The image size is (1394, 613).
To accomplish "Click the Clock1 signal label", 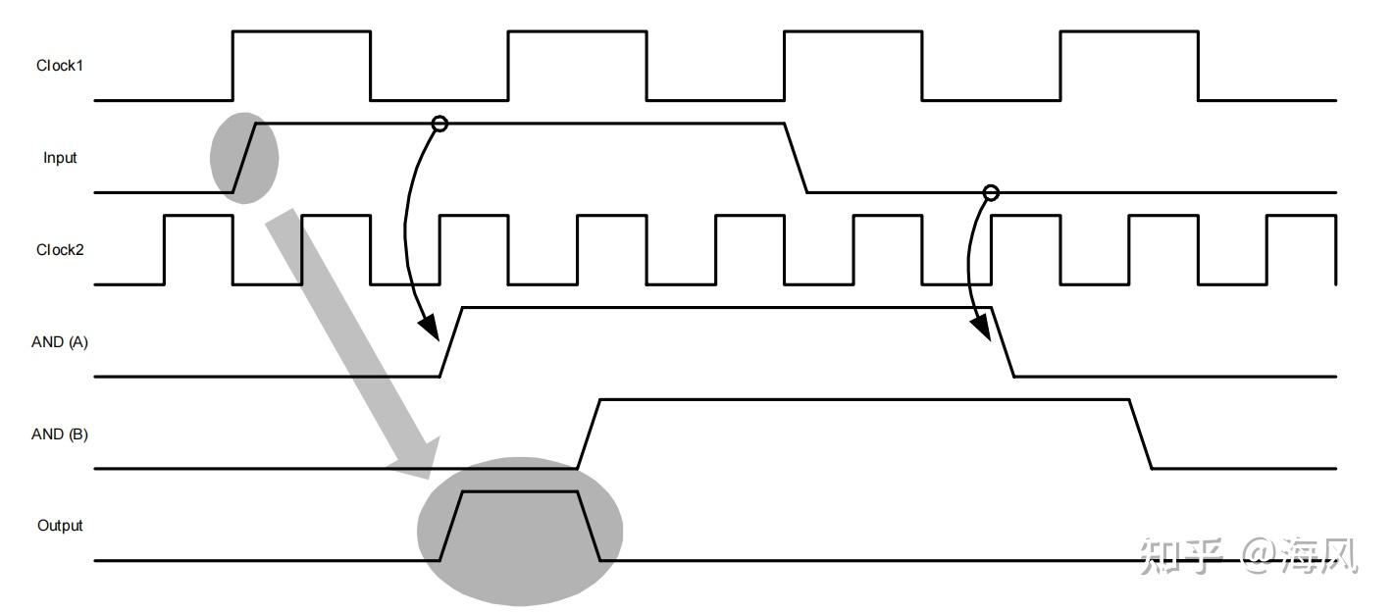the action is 60,66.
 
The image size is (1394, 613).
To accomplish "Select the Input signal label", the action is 60,158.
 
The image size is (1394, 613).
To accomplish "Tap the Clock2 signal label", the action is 60,249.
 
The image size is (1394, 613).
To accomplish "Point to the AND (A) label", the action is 60,341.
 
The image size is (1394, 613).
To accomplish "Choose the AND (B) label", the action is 60,434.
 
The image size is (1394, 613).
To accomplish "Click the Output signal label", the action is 60,526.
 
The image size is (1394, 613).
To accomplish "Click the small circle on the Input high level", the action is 439,124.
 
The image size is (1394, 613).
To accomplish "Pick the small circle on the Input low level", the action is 991,193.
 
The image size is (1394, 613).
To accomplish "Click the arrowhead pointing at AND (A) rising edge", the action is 430,328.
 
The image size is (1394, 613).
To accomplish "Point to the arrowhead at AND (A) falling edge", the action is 981,328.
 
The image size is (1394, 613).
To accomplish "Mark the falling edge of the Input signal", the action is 796,158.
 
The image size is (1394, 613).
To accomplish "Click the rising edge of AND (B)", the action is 589,434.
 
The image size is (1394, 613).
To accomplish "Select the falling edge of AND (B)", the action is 1140,434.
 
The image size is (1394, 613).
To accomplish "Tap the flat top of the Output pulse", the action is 520,492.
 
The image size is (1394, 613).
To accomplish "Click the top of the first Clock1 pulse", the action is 301,31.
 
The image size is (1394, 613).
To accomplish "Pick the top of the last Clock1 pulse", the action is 1129,31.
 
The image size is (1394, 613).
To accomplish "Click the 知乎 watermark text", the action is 1180,555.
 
